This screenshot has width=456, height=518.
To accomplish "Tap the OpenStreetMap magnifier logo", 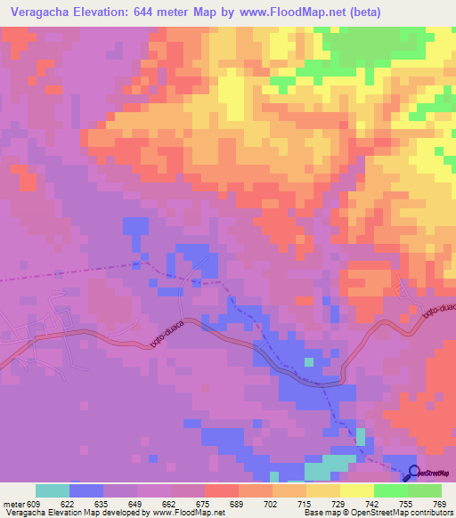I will coord(414,472).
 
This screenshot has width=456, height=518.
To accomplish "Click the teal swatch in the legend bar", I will coord(53,490).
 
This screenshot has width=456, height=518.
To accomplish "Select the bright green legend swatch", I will coord(391,490).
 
